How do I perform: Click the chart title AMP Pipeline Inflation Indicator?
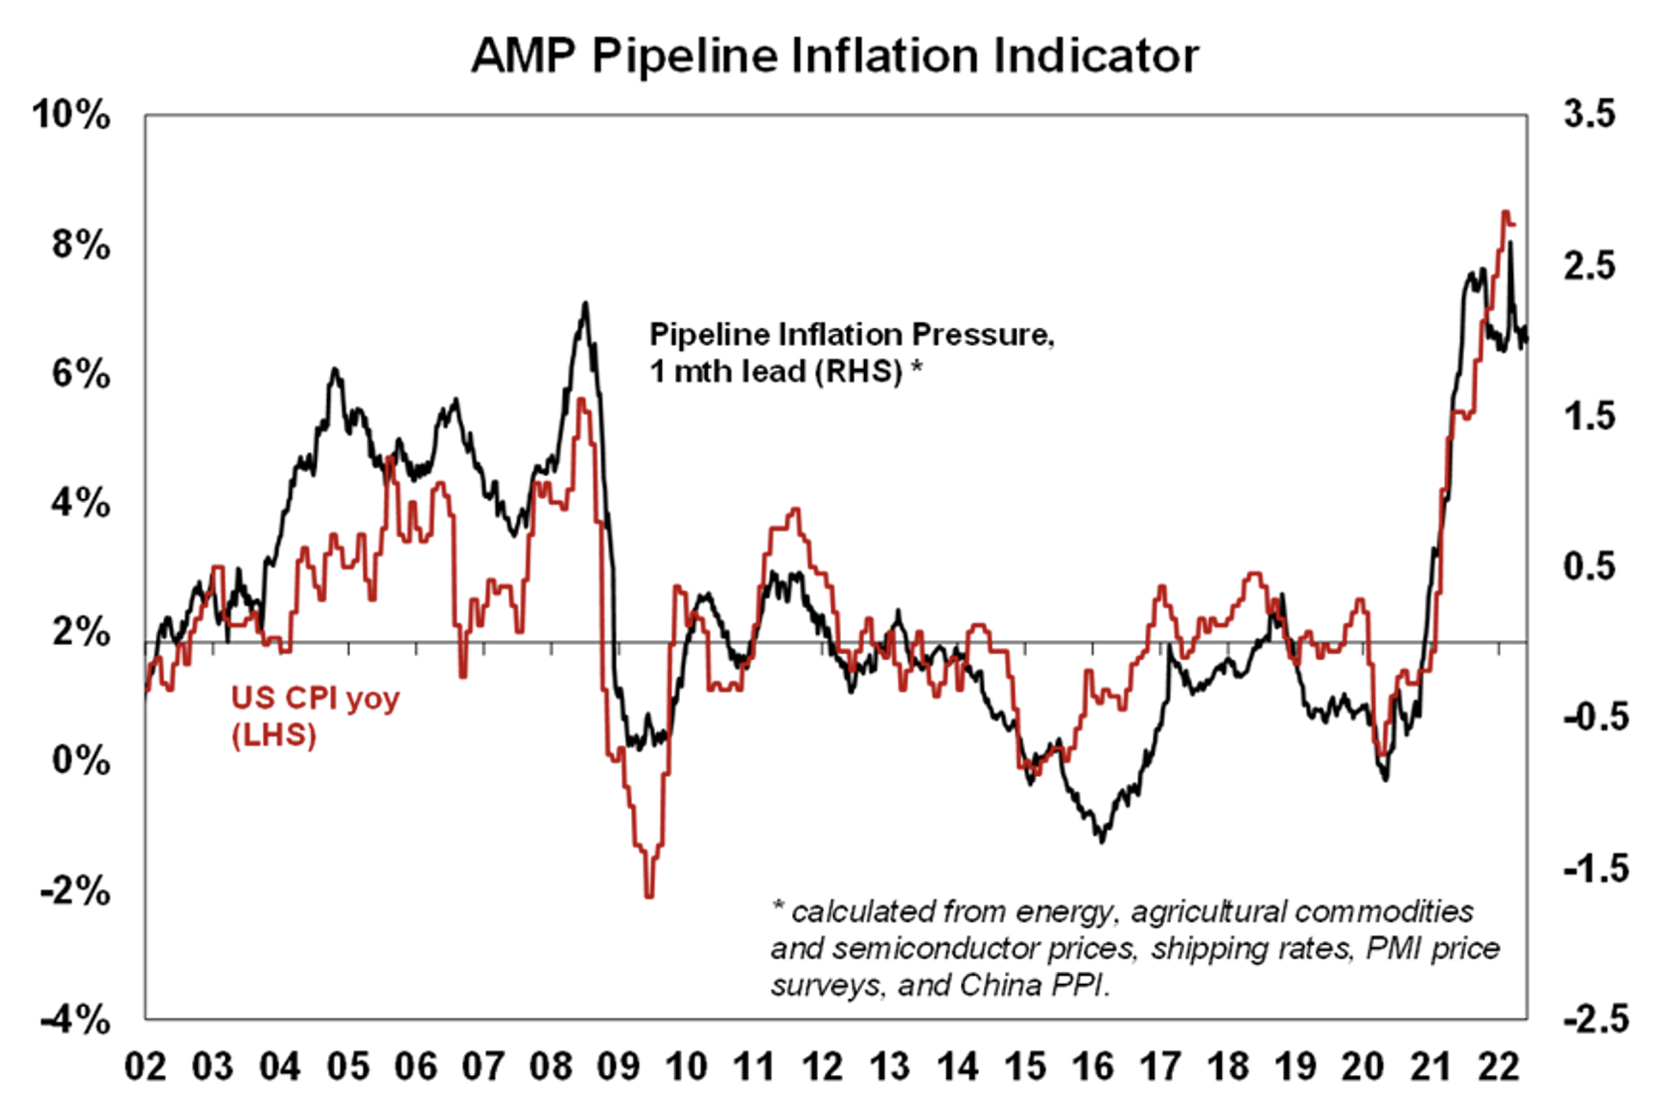pos(834,56)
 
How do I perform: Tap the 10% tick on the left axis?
pos(72,115)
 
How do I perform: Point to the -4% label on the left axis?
pos(75,1020)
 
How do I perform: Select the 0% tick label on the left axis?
pos(81,760)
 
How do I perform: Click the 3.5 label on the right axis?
pos(1589,114)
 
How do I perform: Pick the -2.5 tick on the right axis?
pos(1595,1020)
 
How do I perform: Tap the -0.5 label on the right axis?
pos(1595,717)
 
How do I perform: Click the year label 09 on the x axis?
pos(618,1066)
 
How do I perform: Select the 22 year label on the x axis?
pos(1498,1066)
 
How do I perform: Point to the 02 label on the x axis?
pos(145,1066)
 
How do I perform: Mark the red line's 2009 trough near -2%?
pos(649,895)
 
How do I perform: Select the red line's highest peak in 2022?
pos(1506,212)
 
